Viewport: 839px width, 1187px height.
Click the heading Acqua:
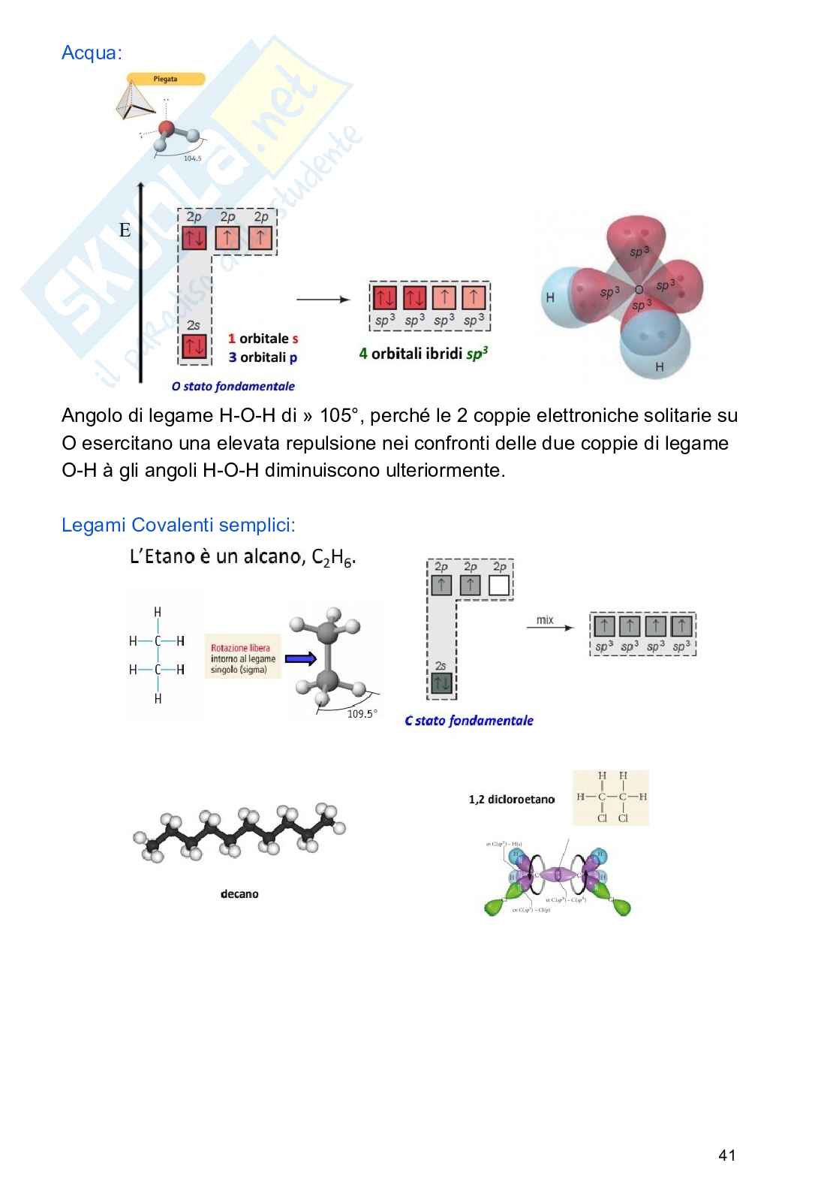92,53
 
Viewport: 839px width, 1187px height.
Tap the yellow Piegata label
166,79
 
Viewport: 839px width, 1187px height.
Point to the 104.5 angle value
192,158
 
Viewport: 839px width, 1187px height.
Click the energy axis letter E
125,230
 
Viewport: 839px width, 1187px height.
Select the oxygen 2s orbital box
194,346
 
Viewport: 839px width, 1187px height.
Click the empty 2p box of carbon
499,585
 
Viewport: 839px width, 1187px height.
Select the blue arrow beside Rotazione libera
301,659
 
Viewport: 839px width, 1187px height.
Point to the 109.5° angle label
362,714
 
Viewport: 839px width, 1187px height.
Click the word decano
239,894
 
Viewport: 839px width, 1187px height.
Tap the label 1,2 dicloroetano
511,800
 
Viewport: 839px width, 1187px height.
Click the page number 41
726,1155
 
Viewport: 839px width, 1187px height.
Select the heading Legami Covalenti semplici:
179,525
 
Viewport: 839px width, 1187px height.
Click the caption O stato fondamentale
233,387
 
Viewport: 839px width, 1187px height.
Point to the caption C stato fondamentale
468,721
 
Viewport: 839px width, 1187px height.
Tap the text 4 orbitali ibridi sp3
423,354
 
